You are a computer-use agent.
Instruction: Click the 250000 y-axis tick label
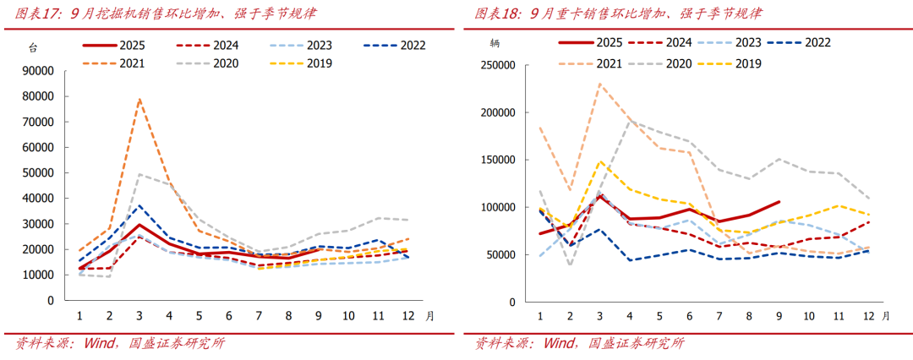point(497,65)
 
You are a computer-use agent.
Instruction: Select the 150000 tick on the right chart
point(497,160)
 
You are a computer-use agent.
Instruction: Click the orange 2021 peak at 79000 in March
point(139,100)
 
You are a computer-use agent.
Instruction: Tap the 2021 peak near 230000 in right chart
point(599,84)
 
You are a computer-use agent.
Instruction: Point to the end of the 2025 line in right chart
point(779,202)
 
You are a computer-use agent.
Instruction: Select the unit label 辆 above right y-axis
point(494,41)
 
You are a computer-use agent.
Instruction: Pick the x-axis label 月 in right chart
point(885,316)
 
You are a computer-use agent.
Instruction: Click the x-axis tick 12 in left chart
point(408,316)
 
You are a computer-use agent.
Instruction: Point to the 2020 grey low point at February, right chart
point(569,265)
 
